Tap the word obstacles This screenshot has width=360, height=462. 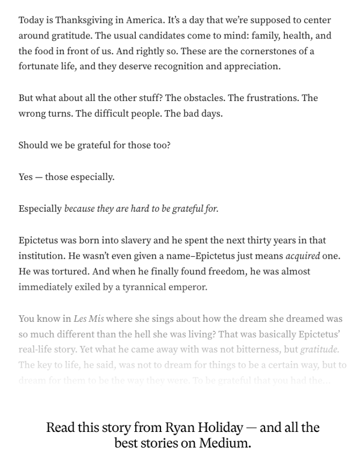209,98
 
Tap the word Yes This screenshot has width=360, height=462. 26,177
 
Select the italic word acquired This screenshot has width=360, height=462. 303,256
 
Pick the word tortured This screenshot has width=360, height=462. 62,271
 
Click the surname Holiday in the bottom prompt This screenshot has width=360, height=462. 218,428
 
